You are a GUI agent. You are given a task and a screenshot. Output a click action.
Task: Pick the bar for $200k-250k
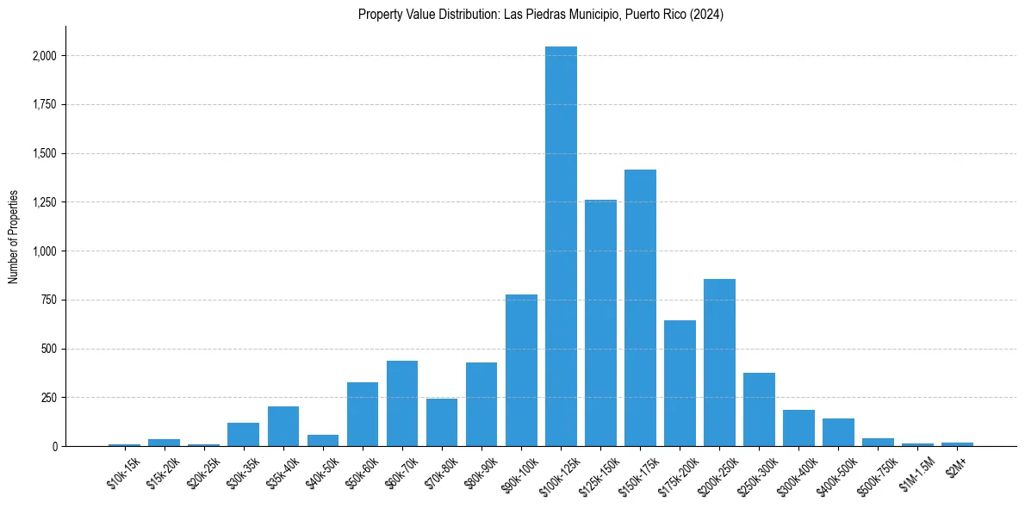click(x=719, y=362)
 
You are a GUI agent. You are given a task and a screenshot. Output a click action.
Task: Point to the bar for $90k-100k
click(x=521, y=370)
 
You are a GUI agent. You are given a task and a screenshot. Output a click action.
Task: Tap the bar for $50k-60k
click(x=363, y=414)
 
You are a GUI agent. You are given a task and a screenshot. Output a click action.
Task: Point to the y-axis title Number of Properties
click(x=13, y=237)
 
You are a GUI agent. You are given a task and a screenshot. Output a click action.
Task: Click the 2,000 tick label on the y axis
click(x=45, y=56)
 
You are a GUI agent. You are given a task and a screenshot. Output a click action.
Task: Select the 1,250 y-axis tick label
click(x=45, y=202)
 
